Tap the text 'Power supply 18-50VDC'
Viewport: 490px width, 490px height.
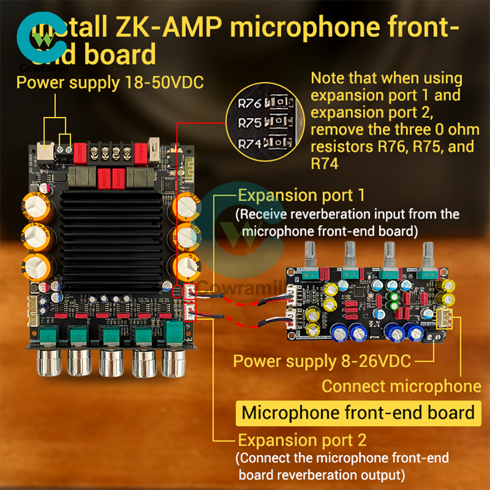(110, 82)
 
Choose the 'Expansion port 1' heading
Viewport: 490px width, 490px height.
(301, 196)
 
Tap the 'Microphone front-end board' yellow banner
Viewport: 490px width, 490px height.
(358, 413)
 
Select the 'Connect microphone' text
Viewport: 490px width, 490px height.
(401, 386)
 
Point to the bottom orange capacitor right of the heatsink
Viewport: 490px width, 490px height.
(186, 265)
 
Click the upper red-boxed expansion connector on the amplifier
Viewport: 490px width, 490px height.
(189, 292)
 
